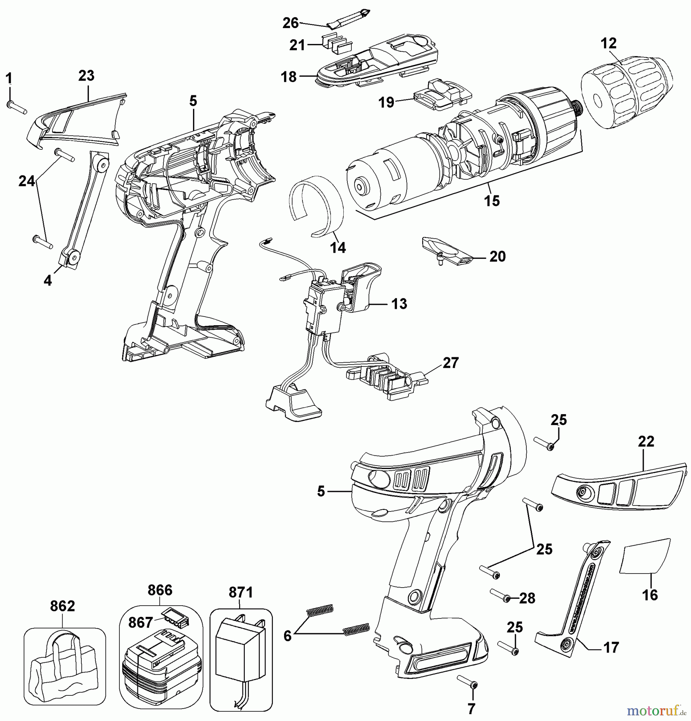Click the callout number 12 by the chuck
[608, 43]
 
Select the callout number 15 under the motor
[492, 201]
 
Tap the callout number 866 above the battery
[160, 590]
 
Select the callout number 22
[646, 441]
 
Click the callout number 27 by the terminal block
[450, 363]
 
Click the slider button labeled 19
[443, 95]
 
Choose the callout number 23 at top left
[86, 76]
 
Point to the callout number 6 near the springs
[287, 636]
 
